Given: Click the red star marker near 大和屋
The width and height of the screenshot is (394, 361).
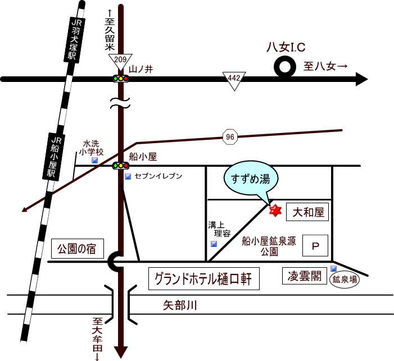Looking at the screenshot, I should (275, 211).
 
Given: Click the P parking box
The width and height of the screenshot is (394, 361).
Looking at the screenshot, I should (315, 245).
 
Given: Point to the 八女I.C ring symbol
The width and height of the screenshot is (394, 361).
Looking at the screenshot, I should (285, 68).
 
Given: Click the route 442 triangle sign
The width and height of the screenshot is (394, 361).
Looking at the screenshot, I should (234, 80).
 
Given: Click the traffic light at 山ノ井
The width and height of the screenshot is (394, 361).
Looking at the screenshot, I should (120, 79).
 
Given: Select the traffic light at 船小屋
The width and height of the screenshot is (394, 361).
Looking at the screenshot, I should (120, 166).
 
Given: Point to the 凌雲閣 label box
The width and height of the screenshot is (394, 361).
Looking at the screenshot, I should (305, 276).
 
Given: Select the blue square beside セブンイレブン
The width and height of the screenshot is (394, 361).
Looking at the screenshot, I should (128, 177).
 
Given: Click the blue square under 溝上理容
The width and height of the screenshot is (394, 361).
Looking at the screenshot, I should (214, 244).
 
